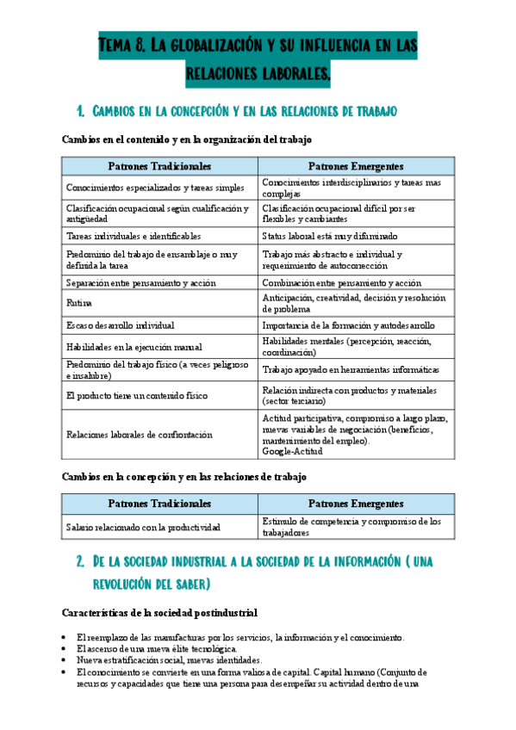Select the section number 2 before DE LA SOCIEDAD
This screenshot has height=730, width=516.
tap(79, 561)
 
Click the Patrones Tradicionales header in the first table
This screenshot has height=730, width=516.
tap(159, 166)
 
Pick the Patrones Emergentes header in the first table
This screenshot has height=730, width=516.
tap(355, 166)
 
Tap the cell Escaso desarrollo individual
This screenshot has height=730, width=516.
tap(120, 325)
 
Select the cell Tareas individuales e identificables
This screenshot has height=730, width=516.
tap(133, 235)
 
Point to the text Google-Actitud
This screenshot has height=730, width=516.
tap(293, 450)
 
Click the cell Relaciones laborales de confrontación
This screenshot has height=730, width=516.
tap(139, 435)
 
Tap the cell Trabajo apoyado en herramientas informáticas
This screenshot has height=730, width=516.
tap(351, 369)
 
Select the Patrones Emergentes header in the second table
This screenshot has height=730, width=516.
tap(355, 504)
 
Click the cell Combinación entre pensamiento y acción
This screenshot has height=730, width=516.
tap(341, 282)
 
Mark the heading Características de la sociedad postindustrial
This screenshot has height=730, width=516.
tap(159, 613)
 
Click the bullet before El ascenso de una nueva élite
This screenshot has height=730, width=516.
tap(67, 648)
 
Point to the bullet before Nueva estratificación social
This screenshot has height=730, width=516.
tap(67, 660)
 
